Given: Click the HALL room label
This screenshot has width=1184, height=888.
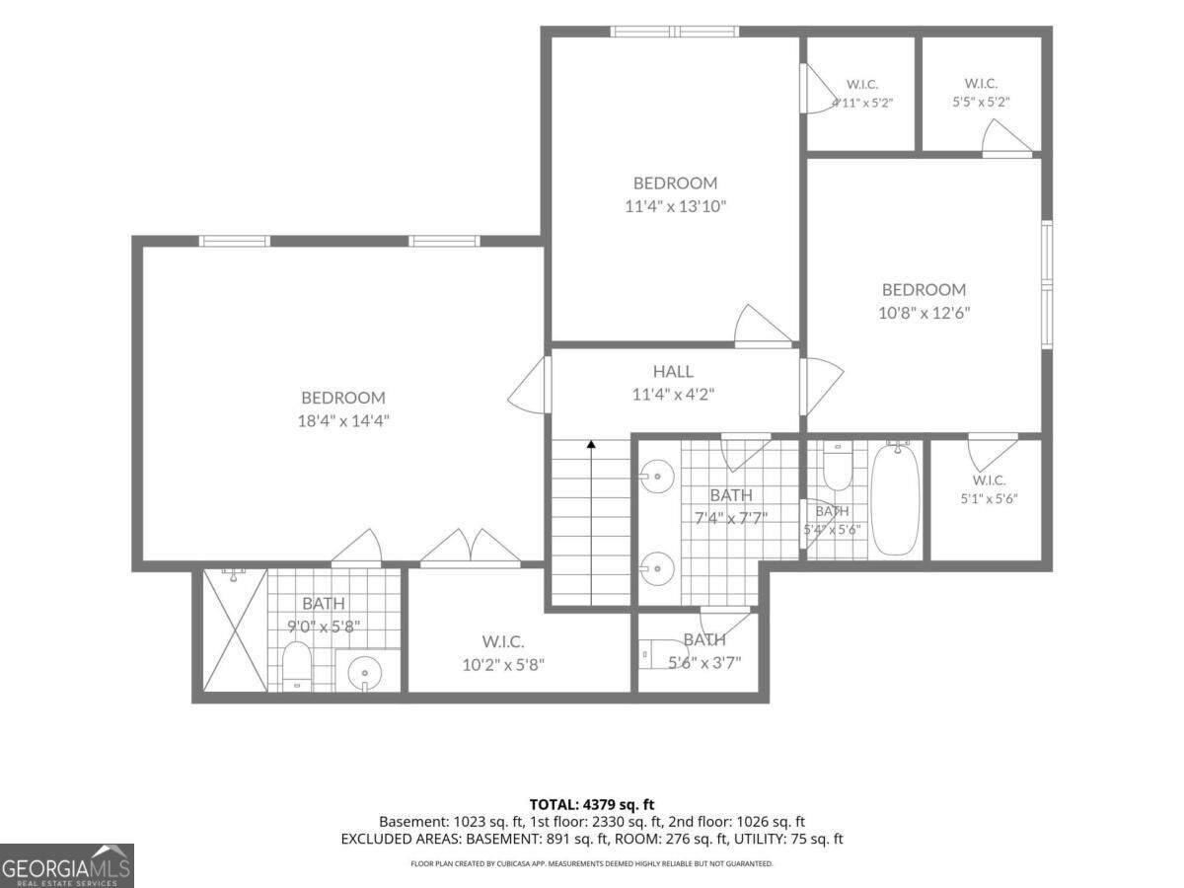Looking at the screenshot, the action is [x=673, y=371].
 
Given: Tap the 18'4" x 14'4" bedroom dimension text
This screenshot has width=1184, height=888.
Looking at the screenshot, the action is [x=343, y=420].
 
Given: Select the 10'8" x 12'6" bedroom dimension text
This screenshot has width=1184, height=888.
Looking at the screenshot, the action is [x=924, y=313].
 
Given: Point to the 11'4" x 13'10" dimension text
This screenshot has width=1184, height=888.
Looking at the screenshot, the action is [x=675, y=206].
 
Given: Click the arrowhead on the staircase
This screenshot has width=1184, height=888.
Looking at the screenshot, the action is [x=591, y=444].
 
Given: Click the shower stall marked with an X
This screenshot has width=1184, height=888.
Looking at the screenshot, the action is [x=235, y=629].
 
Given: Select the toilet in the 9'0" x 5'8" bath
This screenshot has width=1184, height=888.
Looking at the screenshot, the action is [x=297, y=666].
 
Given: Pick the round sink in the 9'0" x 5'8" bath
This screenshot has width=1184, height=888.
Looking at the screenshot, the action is [x=365, y=674].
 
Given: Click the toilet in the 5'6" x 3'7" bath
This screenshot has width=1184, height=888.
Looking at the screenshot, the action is [x=660, y=654].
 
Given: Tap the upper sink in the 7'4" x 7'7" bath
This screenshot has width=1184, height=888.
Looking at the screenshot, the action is [x=656, y=477].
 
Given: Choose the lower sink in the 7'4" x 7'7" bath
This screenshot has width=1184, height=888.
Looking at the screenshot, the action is [x=656, y=568].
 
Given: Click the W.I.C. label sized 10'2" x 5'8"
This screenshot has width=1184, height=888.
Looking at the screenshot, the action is [x=503, y=641].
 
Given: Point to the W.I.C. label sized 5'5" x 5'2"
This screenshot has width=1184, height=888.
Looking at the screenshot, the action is [x=981, y=83].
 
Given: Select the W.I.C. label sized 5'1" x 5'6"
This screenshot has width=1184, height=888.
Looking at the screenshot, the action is [x=989, y=480].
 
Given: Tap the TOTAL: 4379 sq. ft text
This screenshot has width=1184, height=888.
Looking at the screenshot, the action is [x=592, y=805].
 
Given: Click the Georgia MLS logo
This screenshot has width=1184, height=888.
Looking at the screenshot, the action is [x=67, y=866].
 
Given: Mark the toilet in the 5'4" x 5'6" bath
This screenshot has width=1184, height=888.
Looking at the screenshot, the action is [x=837, y=467].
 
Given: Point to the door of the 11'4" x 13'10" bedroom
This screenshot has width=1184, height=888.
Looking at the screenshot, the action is [x=763, y=327].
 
